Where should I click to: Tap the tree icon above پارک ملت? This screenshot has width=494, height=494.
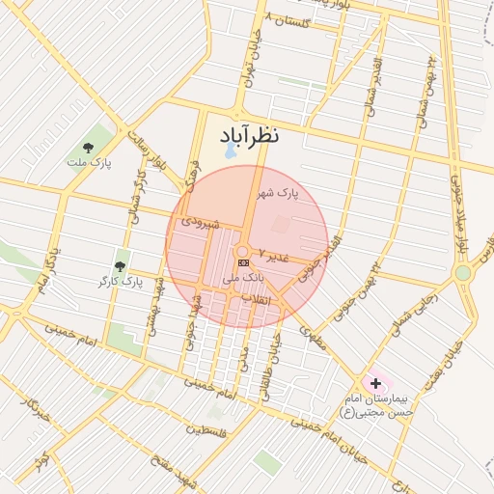coord(89,148)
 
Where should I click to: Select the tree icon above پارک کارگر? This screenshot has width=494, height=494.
coord(121,265)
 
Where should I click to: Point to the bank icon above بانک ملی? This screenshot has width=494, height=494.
coord(243,262)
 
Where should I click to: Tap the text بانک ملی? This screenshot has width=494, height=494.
coord(242,277)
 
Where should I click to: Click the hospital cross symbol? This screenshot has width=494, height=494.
coord(375,384)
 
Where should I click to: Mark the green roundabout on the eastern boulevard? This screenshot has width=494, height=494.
coord(463,272)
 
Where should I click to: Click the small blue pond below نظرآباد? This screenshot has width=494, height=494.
coord(230,151)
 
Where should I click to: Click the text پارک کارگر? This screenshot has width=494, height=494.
coord(120,282)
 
